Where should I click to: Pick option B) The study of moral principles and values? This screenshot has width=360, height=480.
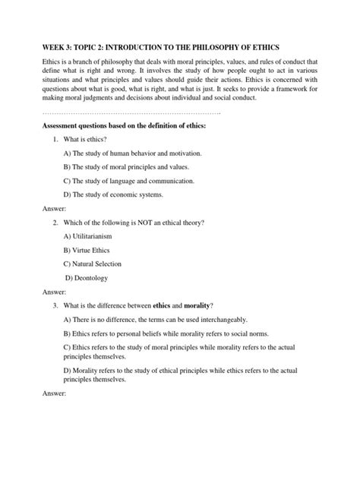126,166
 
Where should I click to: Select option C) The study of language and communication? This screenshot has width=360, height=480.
129,180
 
